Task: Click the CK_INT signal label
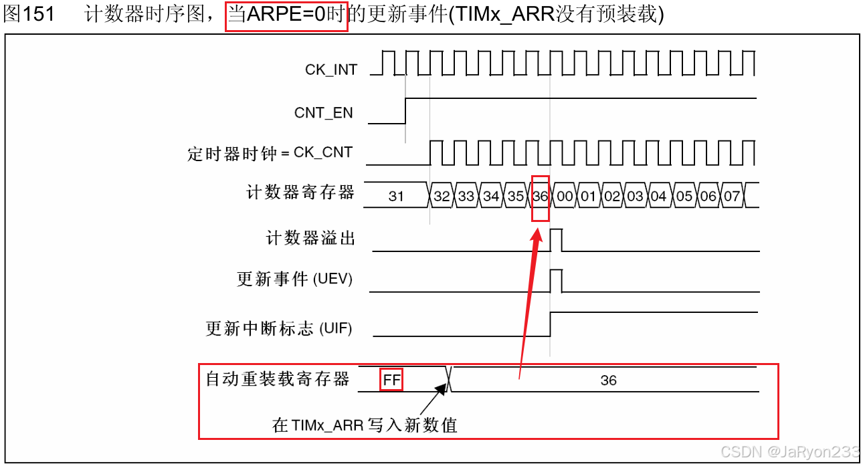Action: click(331, 70)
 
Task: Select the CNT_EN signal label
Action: click(323, 113)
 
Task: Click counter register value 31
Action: click(396, 196)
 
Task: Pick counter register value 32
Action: click(442, 197)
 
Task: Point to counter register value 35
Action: click(515, 197)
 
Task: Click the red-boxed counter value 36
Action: click(541, 197)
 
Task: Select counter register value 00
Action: click(565, 197)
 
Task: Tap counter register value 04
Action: click(659, 197)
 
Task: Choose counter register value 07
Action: click(733, 197)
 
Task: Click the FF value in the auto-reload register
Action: click(391, 380)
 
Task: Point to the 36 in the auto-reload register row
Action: click(608, 380)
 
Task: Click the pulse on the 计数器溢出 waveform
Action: click(556, 239)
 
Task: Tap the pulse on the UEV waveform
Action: click(556, 281)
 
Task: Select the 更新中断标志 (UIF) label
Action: click(278, 329)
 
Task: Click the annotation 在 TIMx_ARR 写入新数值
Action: click(365, 425)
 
